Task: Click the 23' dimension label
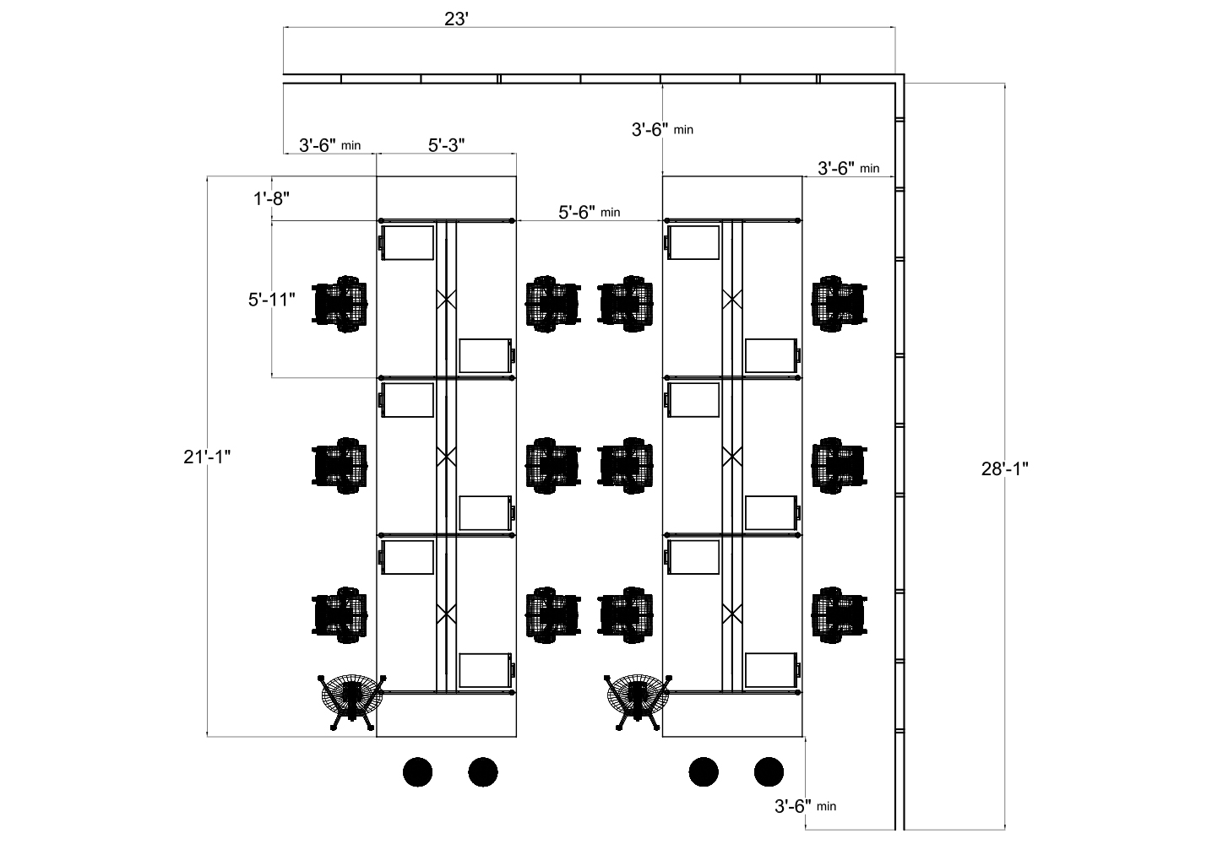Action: pos(456,19)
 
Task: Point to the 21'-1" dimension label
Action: pos(207,457)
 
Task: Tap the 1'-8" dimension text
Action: pos(271,198)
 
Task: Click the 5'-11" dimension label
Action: pos(271,299)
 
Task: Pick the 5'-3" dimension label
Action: pos(446,145)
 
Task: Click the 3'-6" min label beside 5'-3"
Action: pos(329,145)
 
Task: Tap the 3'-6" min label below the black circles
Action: pos(805,806)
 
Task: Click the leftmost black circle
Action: pos(417,771)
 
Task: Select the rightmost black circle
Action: pos(769,771)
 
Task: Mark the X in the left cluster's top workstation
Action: pos(446,299)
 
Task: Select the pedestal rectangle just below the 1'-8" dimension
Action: pos(407,243)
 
